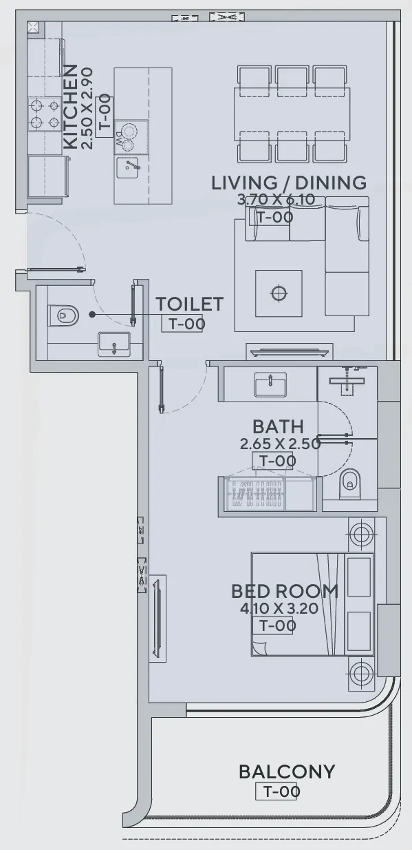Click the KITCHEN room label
tap(69, 107)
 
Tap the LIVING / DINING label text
tap(288, 183)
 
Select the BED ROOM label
tap(284, 591)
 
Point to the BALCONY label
tap(287, 771)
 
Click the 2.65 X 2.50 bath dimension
tap(280, 444)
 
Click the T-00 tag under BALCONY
tap(277, 791)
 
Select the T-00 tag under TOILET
tap(182, 324)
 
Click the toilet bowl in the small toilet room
tap(63, 316)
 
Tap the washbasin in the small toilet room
tap(113, 344)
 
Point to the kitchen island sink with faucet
tap(130, 166)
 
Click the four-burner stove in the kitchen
tap(43, 114)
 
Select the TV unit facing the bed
tap(158, 617)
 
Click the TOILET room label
tap(189, 304)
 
